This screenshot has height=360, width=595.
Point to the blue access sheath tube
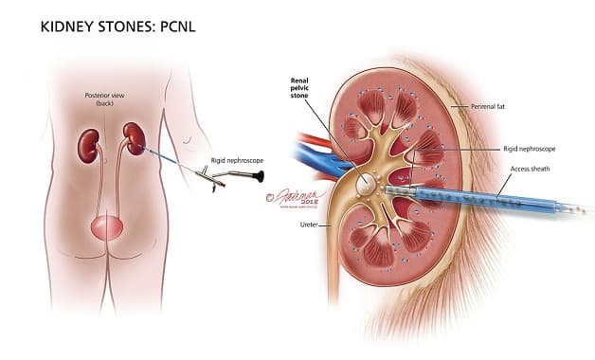click(474, 198)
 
